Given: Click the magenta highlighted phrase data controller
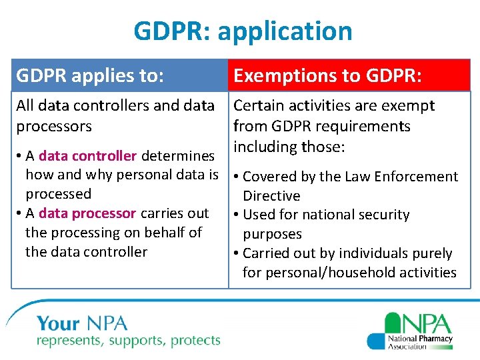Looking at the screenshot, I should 88,156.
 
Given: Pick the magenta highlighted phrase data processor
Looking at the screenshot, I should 87,213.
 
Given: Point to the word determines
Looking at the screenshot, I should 178,156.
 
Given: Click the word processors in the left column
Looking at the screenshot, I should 54,127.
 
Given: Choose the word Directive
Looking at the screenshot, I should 271,196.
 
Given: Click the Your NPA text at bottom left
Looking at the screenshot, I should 82,324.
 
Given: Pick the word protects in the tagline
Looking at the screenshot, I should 196,341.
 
